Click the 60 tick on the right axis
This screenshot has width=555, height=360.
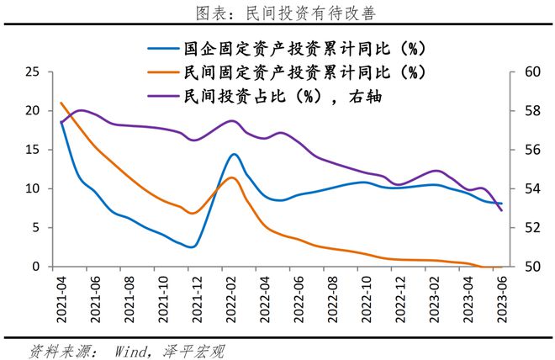527,72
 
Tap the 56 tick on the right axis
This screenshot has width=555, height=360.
527,150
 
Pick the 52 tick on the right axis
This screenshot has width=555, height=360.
527,228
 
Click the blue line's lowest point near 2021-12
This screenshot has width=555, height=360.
193,246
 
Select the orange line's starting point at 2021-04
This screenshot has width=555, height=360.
61,103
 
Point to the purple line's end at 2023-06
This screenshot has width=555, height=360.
502,210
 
